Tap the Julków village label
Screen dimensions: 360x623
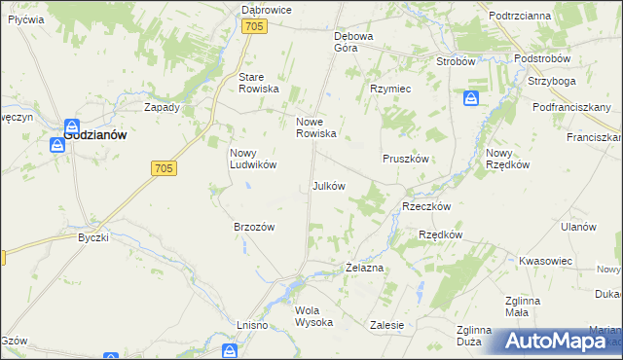(x=328, y=186)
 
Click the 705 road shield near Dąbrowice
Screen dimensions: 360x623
(x=255, y=27)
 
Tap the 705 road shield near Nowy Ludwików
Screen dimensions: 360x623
(x=164, y=168)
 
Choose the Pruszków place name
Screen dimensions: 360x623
(x=406, y=158)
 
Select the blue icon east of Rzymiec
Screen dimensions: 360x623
(x=471, y=98)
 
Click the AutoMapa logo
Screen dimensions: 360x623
(x=556, y=341)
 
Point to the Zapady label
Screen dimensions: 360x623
(x=162, y=107)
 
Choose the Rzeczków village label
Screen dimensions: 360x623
(x=425, y=206)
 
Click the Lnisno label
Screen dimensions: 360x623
(x=251, y=324)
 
